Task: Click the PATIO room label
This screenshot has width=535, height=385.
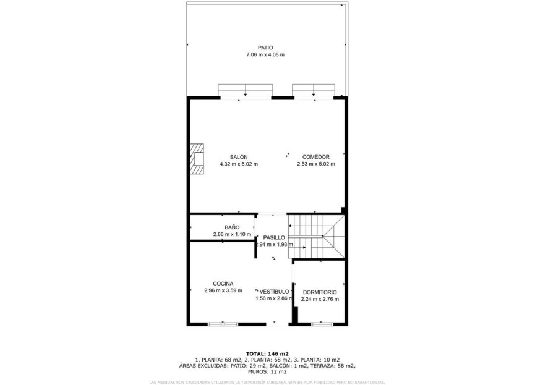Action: coord(265,47)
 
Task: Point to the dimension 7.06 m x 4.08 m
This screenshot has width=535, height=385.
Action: coord(265,55)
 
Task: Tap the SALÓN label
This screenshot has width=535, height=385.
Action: coord(239,157)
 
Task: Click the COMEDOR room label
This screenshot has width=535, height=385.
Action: coord(315,157)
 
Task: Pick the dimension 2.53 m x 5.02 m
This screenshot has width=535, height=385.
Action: coord(315,164)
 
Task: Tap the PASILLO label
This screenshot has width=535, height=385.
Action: coord(274,237)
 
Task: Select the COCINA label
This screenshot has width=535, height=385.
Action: coord(223,284)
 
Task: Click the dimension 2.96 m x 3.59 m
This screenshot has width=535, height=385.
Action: coord(223,291)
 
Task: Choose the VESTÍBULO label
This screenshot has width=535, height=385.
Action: coord(274,291)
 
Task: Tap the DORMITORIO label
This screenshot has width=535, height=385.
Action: coord(320,292)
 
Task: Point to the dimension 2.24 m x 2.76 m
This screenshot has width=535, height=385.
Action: coord(320,300)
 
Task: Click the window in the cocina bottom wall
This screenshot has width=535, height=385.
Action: coord(223,324)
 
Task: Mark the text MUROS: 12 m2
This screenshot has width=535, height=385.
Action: coord(267,372)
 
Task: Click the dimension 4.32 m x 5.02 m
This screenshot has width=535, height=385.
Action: coord(239,164)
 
